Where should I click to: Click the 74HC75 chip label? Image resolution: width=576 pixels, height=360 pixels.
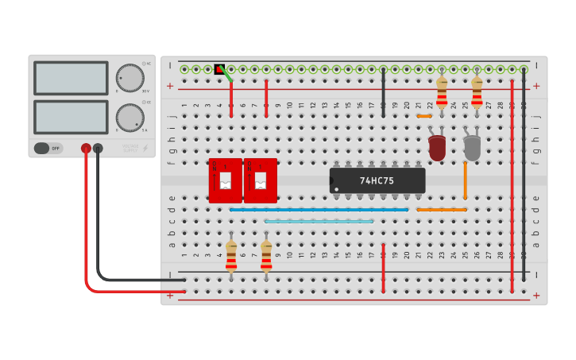click(x=377, y=180)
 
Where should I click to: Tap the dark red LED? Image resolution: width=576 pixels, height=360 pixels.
click(x=436, y=147)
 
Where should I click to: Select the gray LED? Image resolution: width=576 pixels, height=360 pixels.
click(x=472, y=147)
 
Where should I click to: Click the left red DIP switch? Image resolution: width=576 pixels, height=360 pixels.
click(x=225, y=180)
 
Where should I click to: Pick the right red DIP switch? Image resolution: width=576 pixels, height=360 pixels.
click(x=260, y=180)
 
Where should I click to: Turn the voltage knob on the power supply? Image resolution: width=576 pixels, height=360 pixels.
click(x=130, y=78)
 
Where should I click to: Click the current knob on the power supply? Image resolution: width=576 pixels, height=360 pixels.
click(x=130, y=118)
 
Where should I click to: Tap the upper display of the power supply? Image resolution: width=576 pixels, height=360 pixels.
click(x=71, y=78)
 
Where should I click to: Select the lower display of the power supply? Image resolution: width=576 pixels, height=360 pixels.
click(x=71, y=117)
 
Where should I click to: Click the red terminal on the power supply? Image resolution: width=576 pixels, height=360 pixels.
click(x=86, y=148)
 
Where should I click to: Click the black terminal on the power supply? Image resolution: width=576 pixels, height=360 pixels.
click(x=98, y=148)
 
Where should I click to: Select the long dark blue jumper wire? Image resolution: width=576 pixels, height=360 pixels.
click(x=319, y=210)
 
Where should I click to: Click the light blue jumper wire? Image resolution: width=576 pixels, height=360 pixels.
click(x=319, y=222)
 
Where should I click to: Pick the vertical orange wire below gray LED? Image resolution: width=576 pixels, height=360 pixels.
click(x=465, y=180)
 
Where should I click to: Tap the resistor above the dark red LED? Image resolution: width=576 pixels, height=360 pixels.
click(x=442, y=92)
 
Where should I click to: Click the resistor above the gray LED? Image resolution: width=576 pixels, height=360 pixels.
click(x=477, y=92)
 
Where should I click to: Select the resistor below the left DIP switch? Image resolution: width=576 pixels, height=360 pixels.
click(x=231, y=257)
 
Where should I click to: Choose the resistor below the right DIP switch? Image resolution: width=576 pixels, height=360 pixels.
click(x=266, y=257)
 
